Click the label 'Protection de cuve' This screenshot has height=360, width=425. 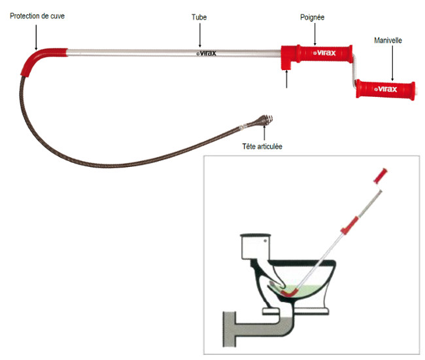(37, 15)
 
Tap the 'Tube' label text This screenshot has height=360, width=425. (200, 17)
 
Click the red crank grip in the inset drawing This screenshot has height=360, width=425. (380, 175)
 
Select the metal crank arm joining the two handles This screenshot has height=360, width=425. (354, 72)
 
